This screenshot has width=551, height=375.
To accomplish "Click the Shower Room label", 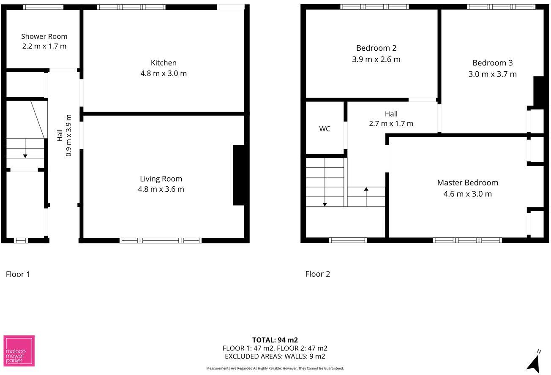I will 44,36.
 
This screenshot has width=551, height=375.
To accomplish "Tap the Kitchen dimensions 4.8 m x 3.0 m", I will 164,73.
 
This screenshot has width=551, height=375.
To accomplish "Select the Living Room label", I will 161,179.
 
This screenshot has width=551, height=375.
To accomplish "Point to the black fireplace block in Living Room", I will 239,175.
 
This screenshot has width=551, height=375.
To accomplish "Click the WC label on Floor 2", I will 325,129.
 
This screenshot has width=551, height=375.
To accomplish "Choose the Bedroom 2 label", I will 376,48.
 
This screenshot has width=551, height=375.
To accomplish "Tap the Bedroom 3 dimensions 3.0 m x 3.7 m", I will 492,74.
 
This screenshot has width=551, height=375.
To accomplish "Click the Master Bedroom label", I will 467,183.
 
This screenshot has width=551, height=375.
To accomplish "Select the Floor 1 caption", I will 18,274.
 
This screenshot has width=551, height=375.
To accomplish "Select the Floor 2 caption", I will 317,274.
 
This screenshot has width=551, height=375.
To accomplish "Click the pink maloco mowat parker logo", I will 19,351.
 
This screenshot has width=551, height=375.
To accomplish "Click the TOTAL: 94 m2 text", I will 275,340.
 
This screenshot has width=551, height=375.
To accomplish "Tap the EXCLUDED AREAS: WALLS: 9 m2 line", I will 275,356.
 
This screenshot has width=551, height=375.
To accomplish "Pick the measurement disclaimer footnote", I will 275,368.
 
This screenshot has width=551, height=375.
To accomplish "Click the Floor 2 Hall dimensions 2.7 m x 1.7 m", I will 391,124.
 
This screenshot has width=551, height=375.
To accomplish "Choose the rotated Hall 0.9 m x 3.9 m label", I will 64,135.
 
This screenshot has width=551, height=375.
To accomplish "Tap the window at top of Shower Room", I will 43,7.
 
